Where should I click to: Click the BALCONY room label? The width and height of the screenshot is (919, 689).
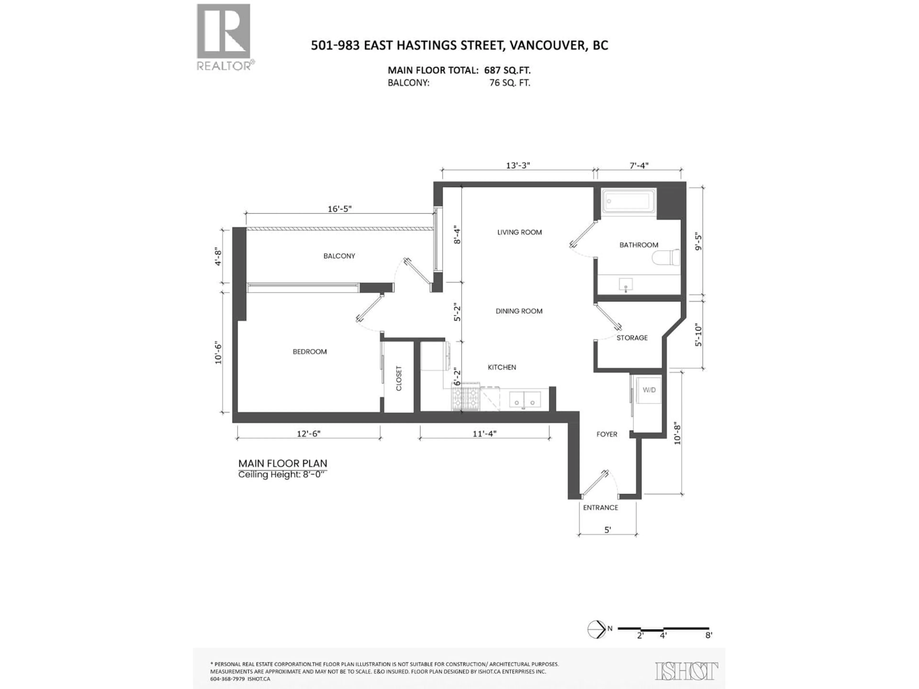pos(339,256)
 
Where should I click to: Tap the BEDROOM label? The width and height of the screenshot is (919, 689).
pos(309,351)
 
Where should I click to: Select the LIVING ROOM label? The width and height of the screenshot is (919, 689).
pos(519,232)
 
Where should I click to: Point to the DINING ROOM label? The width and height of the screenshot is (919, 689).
pos(519,311)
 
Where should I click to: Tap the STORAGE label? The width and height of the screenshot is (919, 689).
pos(632,338)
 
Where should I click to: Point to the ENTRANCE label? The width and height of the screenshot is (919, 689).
pos(600,507)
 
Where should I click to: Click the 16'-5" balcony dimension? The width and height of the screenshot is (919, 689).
pos(339,208)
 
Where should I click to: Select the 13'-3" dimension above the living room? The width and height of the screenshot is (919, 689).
pos(518,165)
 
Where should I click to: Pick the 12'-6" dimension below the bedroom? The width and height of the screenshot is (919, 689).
pos(308,433)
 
